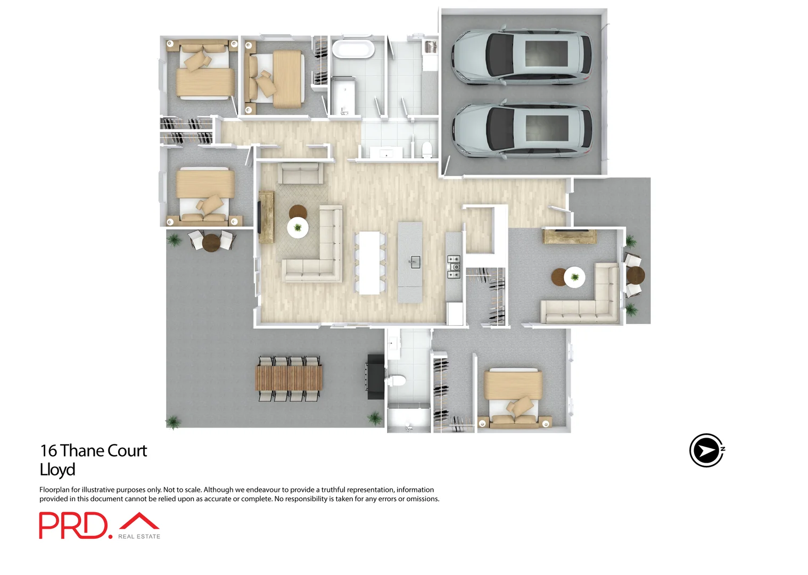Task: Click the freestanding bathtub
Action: [353, 50]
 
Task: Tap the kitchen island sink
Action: [415, 262]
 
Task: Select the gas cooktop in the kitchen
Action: [454, 267]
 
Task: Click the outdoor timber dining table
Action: [289, 378]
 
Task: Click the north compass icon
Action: [706, 450]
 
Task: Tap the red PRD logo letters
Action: [73, 525]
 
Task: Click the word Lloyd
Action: [57, 470]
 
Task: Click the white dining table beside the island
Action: [370, 262]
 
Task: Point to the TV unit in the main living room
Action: [266, 217]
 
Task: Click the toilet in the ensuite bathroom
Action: [396, 380]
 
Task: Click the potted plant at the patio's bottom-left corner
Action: [173, 422]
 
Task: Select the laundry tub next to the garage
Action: [430, 47]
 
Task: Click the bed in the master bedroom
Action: [513, 397]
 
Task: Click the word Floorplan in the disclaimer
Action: [54, 490]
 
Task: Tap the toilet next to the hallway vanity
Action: [426, 150]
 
